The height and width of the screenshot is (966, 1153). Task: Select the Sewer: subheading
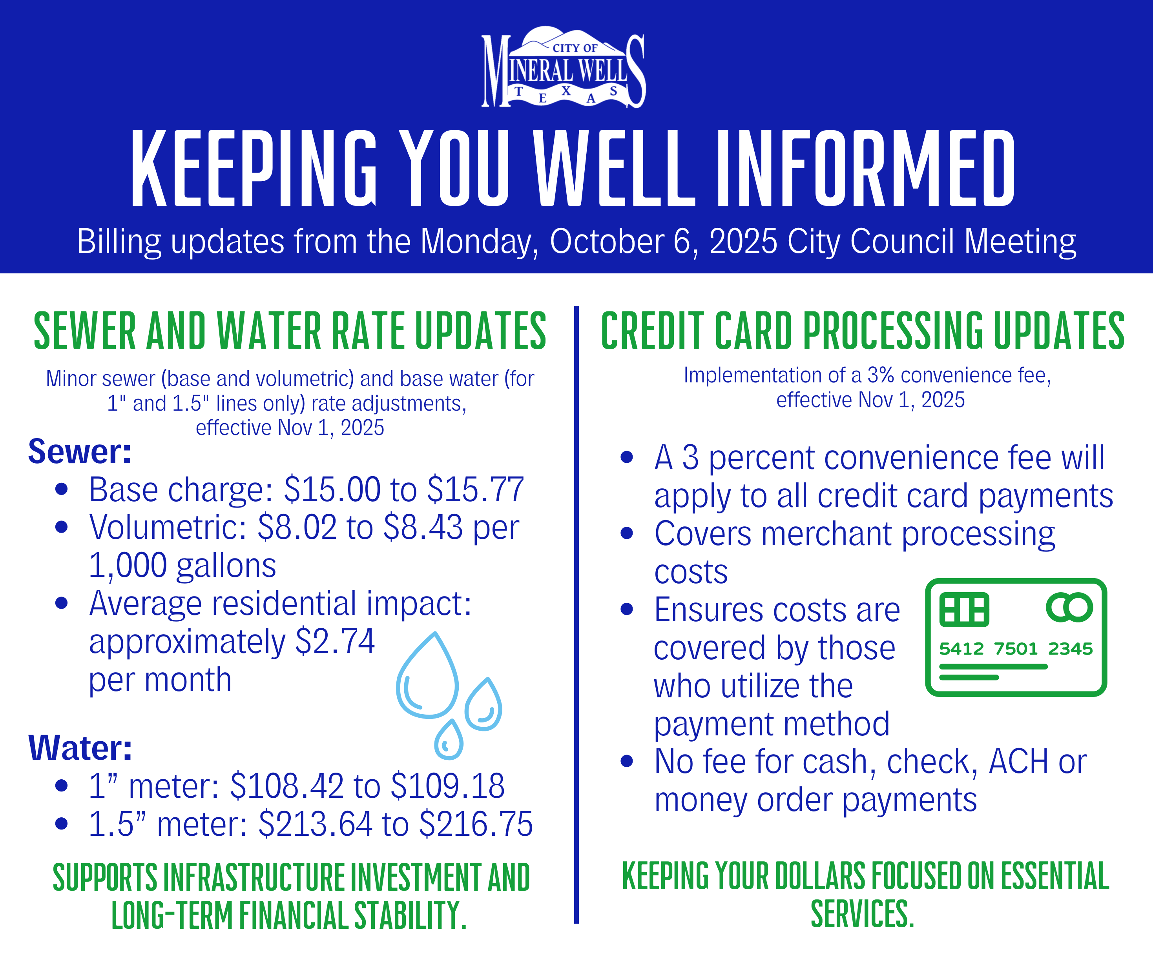(x=80, y=452)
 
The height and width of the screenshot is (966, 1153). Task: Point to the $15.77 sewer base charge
(x=476, y=489)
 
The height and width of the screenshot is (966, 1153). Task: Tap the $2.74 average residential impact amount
(x=335, y=641)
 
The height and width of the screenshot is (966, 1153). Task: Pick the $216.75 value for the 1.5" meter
(x=476, y=824)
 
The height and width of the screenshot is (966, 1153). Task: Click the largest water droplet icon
(x=428, y=678)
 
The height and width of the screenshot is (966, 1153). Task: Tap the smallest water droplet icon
(x=449, y=740)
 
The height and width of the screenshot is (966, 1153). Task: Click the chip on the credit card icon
(x=964, y=609)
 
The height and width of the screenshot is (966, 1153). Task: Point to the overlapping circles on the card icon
(x=1069, y=607)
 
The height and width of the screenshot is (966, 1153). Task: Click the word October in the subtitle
(x=607, y=242)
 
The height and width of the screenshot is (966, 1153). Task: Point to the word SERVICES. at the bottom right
(x=862, y=914)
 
